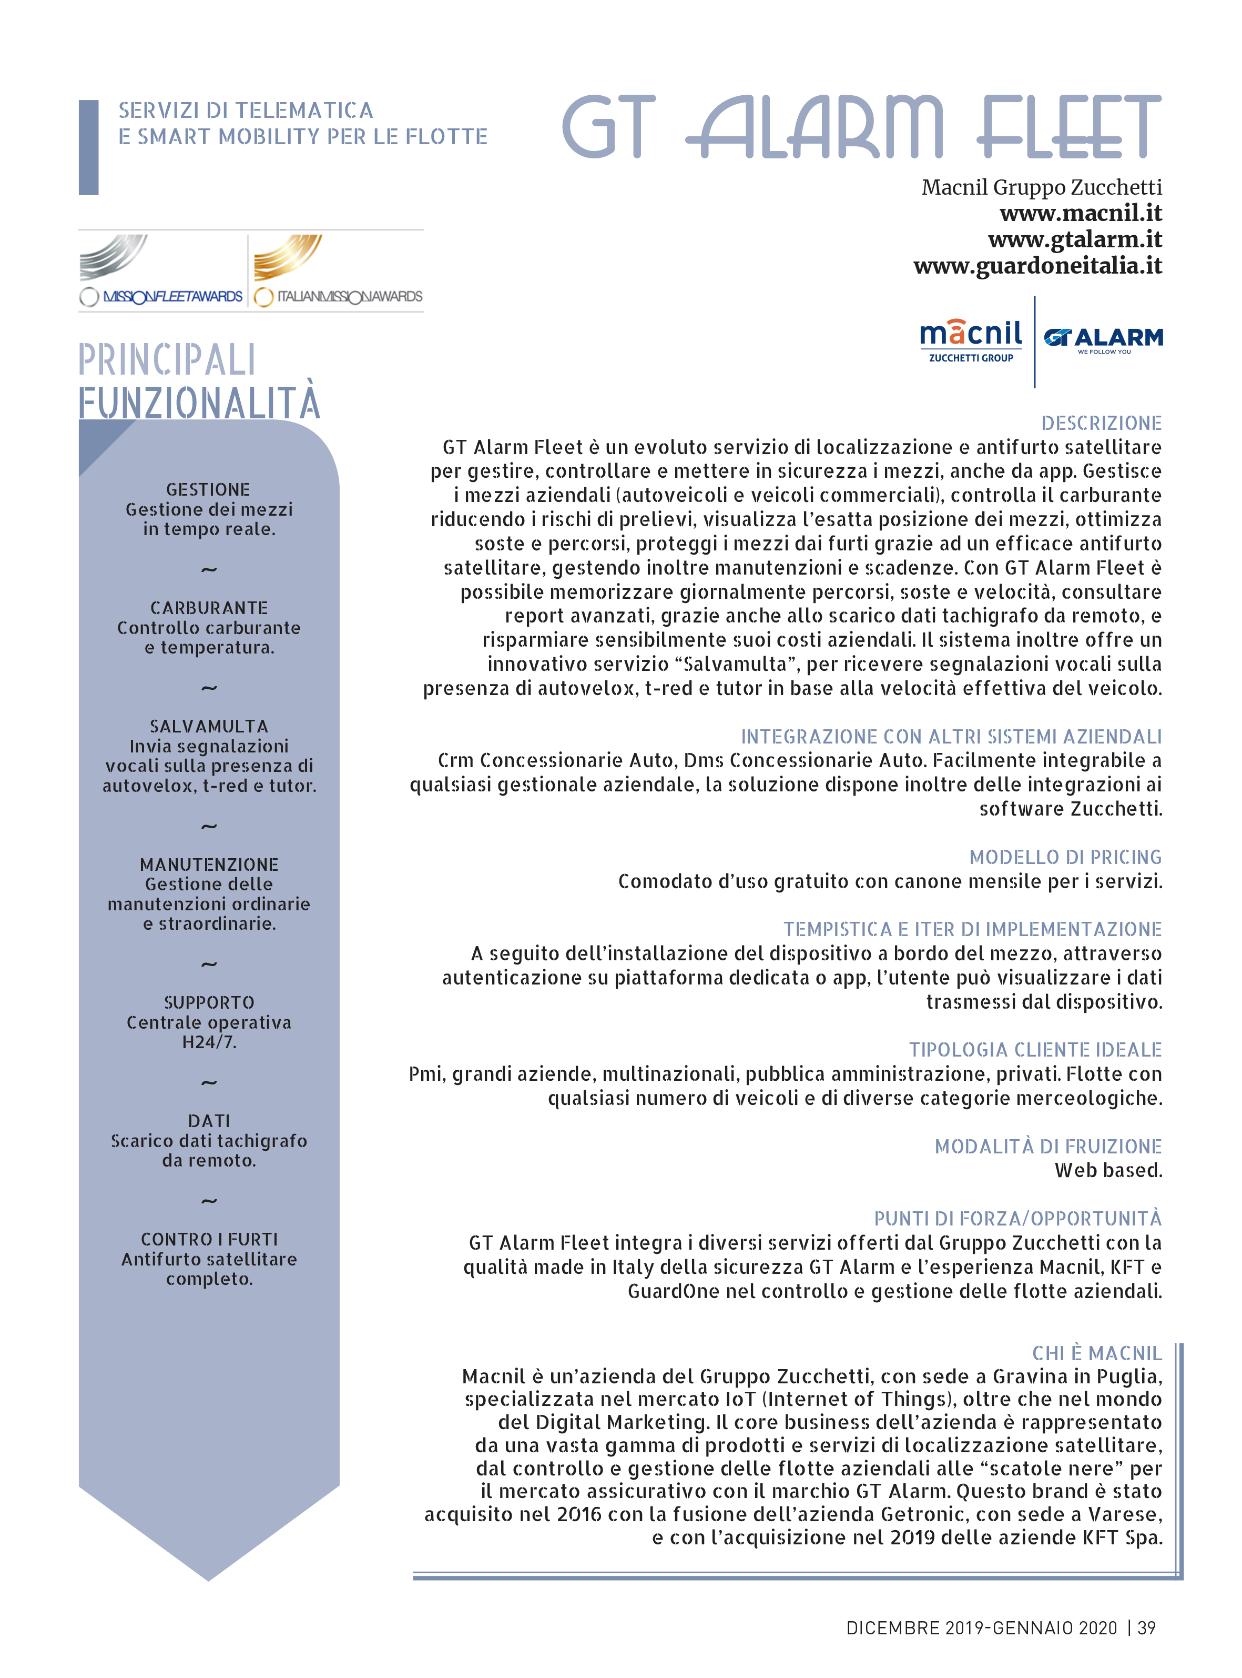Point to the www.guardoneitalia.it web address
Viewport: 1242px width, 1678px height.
(x=1037, y=266)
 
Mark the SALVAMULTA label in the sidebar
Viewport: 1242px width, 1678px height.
(x=209, y=727)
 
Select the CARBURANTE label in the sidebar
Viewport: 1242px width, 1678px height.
(x=209, y=608)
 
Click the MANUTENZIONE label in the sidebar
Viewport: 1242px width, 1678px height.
(x=209, y=865)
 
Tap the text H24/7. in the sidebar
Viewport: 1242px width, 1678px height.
(x=209, y=1042)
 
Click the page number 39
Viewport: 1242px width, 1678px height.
(x=1146, y=1629)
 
